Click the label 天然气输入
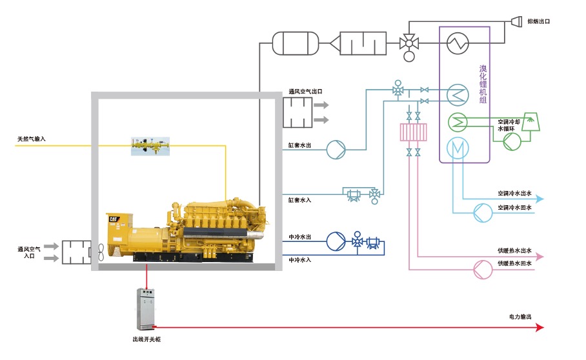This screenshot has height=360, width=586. coord(32,139)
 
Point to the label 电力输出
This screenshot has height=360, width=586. coord(520,317)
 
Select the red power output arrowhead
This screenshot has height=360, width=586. coord(540,327)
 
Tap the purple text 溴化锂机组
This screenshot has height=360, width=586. coord(483,84)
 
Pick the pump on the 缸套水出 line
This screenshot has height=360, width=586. coord(336,149)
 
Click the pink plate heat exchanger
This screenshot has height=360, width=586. coord(413,132)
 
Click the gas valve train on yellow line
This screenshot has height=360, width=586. coord(149,146)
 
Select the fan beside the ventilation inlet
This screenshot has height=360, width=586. coord(99,252)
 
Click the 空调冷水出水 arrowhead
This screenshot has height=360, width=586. coord(540,199)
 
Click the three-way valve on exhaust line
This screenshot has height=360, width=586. coord(408,43)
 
